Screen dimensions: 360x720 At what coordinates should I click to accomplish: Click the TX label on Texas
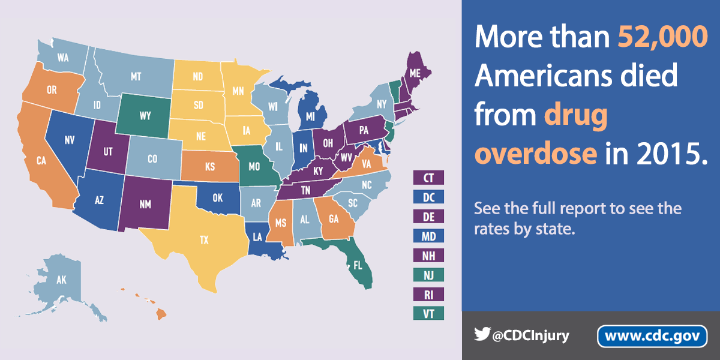204,239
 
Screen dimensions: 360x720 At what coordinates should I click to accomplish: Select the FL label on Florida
358,265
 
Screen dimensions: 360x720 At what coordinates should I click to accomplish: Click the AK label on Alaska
61,280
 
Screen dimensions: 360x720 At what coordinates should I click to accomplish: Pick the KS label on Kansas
210,166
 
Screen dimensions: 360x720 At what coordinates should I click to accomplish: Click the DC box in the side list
428,197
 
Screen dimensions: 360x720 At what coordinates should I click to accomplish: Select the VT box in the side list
428,314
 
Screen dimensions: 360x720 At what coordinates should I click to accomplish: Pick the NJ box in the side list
428,275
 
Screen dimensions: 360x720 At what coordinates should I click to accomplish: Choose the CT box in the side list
428,177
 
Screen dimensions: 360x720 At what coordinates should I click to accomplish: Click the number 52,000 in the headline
662,38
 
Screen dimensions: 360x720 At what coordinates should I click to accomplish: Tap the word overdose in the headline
536,154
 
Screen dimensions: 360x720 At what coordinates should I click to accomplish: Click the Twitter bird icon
482,334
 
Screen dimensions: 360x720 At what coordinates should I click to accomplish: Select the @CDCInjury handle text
529,335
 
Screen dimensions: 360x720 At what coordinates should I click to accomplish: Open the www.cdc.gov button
652,336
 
